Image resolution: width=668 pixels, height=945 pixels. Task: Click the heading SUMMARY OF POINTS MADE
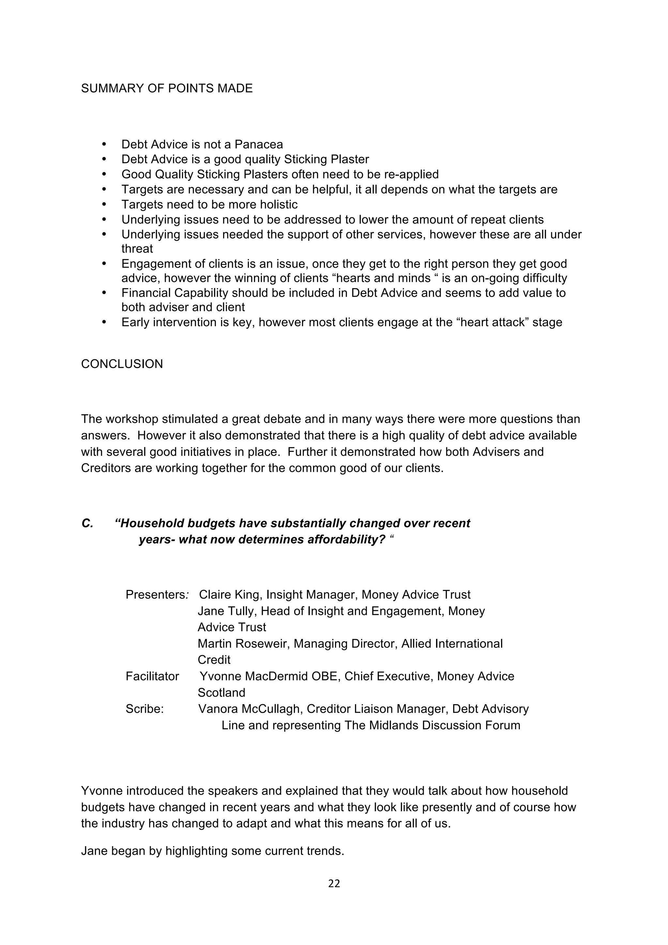167,88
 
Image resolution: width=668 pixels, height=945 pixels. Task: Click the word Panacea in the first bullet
258,145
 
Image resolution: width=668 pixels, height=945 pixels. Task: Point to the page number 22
334,884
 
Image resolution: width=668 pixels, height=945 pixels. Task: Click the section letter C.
87,523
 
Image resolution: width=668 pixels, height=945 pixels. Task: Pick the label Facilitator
152,676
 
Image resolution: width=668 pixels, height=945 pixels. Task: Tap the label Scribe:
144,709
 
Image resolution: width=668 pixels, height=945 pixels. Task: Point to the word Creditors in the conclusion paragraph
106,468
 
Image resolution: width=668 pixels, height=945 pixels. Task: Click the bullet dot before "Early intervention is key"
104,322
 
